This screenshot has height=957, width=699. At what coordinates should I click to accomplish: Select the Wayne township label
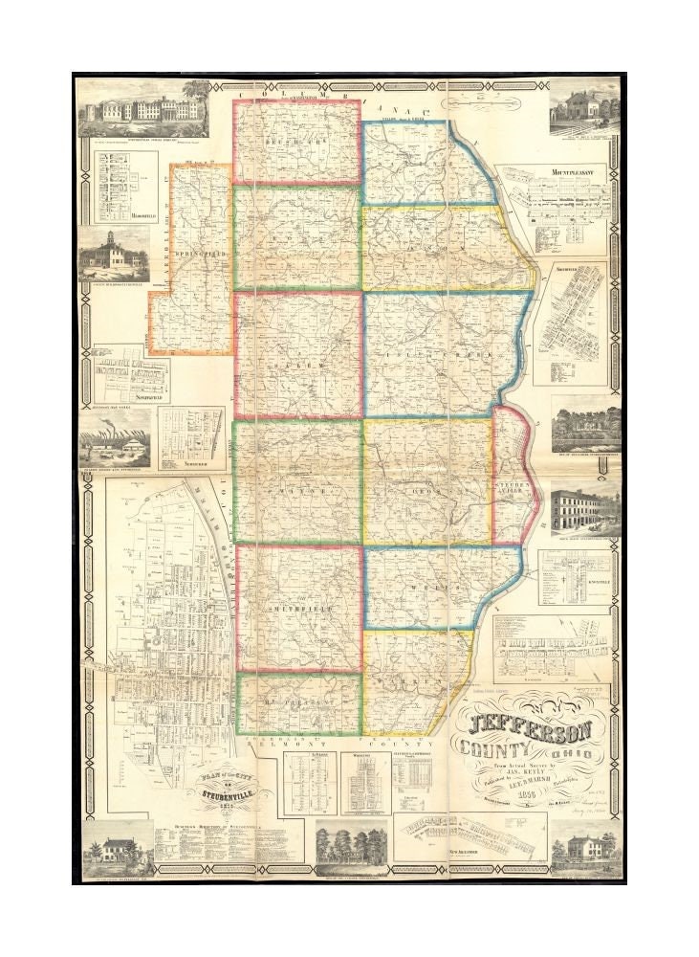[x=296, y=489]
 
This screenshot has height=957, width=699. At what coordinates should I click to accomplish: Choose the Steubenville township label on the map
[x=510, y=489]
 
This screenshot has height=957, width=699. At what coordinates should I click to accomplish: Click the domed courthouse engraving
[x=114, y=255]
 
